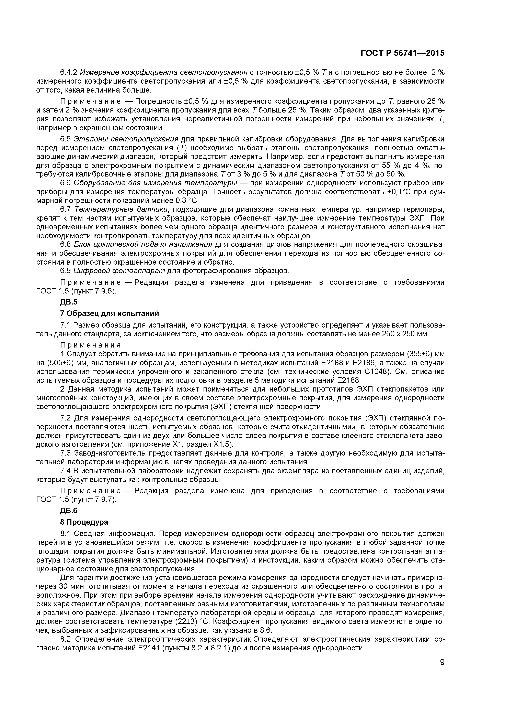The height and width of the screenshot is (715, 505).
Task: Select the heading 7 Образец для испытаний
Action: [110, 313]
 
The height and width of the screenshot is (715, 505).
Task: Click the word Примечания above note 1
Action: [91, 345]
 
